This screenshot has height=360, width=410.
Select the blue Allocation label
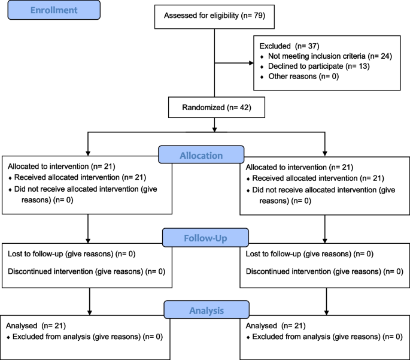pos(201,156)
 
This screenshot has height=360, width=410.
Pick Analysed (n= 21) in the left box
pos(36,326)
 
